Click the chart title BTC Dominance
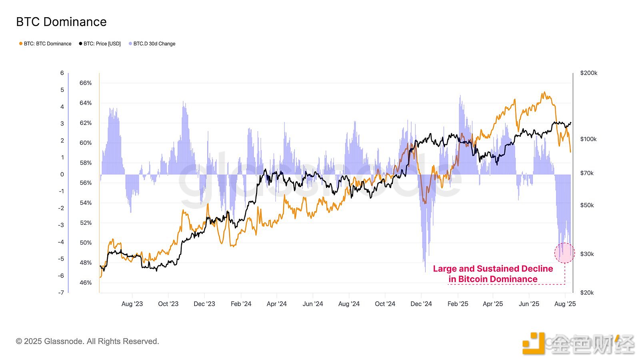point(61,22)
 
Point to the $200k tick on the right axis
point(588,73)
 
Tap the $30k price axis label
point(587,254)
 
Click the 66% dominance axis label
point(86,83)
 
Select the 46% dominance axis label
point(86,282)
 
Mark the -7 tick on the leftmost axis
point(61,292)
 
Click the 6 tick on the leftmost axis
point(62,73)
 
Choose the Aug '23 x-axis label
point(132,304)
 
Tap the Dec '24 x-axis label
point(421,304)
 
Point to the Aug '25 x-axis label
point(565,304)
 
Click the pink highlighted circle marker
point(564,253)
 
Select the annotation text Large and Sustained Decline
point(493,269)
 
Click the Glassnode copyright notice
point(87,341)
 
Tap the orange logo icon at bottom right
point(533,343)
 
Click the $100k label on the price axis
point(588,139)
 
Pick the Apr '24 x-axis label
point(276,304)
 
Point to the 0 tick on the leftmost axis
point(62,174)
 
